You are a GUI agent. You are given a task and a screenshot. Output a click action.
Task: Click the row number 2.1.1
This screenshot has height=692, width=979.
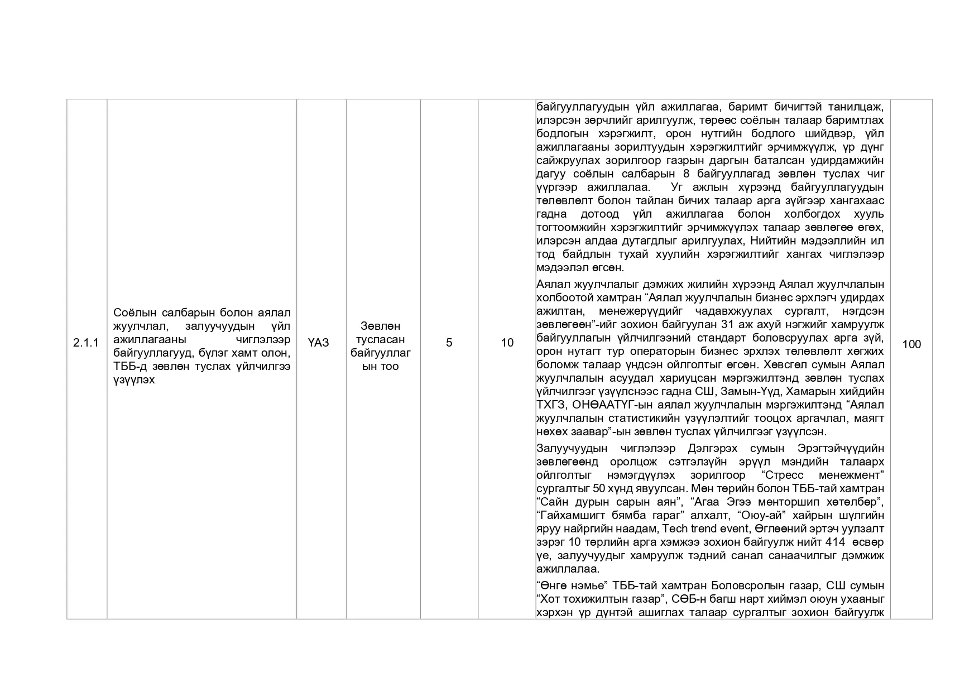(x=85, y=343)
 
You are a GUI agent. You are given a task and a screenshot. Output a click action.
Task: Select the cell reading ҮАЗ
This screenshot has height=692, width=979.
(x=318, y=343)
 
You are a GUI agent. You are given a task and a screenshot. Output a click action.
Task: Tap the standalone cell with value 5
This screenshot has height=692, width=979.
(x=449, y=343)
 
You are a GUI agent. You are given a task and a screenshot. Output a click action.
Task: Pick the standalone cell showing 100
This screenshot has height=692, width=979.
(x=911, y=344)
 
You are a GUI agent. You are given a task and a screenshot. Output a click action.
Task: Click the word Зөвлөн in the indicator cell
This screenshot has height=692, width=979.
(x=380, y=326)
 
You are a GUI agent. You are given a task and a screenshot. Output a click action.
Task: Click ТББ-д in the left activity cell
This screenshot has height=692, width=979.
(x=129, y=367)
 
